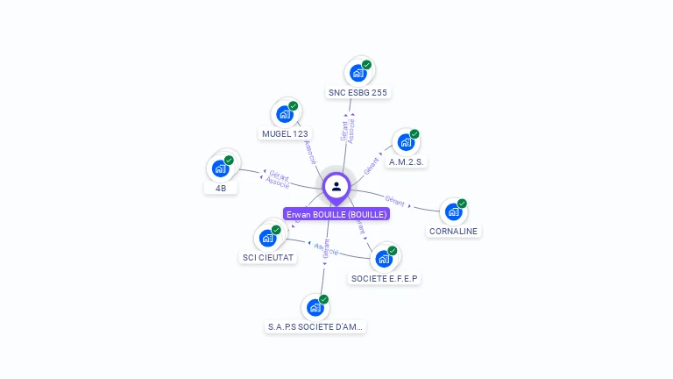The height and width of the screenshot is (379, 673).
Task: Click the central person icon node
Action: click(336, 186)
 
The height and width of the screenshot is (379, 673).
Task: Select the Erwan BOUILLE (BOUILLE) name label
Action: click(336, 214)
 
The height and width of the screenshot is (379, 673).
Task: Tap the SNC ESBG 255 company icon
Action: click(358, 73)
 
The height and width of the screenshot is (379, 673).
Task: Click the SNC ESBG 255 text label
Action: click(358, 92)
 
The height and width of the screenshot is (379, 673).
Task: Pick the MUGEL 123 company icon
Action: click(285, 114)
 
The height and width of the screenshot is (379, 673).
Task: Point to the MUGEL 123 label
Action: click(285, 134)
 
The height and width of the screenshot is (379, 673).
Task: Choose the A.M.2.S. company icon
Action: click(406, 142)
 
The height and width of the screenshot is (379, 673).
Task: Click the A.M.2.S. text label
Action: click(407, 162)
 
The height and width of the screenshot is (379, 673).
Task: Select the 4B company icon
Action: click(220, 168)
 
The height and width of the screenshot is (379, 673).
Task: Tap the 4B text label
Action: click(220, 188)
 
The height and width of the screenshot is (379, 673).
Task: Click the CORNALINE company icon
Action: click(453, 211)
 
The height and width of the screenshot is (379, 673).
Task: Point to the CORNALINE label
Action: click(455, 232)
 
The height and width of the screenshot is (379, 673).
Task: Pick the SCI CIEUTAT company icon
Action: click(267, 238)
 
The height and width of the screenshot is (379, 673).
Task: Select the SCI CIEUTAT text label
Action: click(268, 258)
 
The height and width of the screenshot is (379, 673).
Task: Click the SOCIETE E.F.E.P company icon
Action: click(384, 259)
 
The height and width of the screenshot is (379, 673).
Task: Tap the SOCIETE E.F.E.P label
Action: click(385, 279)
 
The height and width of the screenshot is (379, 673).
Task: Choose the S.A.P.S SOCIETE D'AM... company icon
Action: click(315, 308)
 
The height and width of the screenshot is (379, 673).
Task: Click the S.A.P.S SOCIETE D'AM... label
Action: click(316, 327)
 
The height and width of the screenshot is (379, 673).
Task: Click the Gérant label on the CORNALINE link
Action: click(394, 198)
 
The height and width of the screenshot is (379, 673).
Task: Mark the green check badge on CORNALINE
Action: click(462, 204)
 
